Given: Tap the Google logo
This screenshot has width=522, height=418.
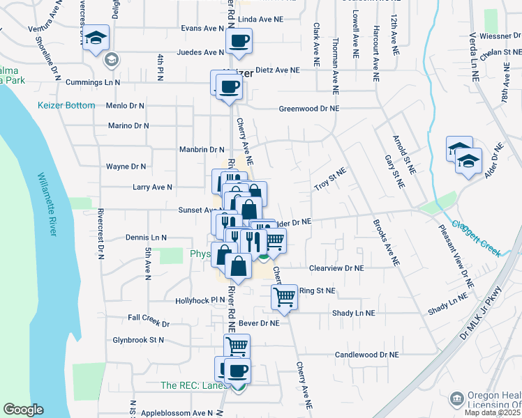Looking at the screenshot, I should pos(23,409).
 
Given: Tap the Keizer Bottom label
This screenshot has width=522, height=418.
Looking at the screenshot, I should pos(66,105).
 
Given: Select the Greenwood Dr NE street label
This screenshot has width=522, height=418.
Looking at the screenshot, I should pos(308,109).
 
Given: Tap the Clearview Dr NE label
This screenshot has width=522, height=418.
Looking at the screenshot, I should pos(336,268).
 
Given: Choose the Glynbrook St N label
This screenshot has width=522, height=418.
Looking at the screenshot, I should pos(138,341).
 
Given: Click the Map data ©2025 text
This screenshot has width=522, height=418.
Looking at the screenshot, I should pos(492,412).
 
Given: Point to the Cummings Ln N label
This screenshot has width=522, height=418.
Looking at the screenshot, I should pos(93,82).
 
